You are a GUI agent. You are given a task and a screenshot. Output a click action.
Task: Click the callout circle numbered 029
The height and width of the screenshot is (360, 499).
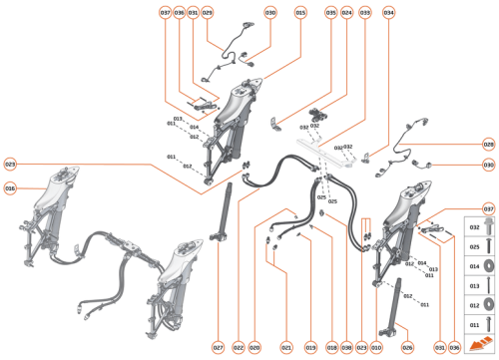click(208, 12)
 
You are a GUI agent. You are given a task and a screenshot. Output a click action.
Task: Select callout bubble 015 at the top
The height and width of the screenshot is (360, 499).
click(300, 12)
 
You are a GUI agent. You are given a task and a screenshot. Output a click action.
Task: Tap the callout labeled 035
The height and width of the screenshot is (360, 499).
click(330, 12)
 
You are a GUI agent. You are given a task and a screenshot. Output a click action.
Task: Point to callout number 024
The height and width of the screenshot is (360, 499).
click(346, 12)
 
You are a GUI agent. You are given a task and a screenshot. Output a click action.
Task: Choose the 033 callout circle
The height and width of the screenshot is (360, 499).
click(365, 12)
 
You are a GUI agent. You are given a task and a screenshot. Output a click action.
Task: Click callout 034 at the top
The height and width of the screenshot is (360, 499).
click(388, 12)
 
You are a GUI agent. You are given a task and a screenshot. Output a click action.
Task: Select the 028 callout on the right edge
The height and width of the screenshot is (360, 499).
click(488, 143)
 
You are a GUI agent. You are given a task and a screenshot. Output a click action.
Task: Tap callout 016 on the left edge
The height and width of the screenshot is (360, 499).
click(10, 187)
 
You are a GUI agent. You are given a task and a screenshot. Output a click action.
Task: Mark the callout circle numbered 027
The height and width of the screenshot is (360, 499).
click(217, 347)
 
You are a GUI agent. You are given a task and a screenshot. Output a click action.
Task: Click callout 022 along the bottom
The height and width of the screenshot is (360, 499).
click(237, 347)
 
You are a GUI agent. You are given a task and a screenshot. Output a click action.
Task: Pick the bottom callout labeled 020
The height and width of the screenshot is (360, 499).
click(254, 347)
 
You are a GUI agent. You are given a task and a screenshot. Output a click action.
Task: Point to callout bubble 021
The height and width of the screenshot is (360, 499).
click(285, 347)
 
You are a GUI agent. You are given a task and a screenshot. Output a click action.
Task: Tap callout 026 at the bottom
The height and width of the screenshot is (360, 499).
click(407, 347)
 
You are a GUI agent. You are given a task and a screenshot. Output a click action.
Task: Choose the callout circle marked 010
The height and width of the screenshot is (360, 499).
click(376, 347)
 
